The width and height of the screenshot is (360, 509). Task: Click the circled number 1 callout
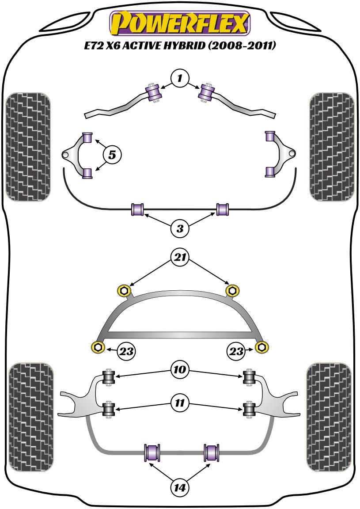(180, 78)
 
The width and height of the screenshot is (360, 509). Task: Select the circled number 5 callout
(112, 155)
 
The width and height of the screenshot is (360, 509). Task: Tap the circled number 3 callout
(180, 228)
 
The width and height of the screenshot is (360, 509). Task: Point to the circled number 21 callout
(180, 258)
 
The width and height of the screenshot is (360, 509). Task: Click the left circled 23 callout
(126, 351)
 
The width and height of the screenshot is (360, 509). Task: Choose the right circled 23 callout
(236, 351)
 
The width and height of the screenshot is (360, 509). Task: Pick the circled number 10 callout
(180, 369)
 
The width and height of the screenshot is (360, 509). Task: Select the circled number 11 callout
(180, 403)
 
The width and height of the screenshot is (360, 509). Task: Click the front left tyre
(28, 147)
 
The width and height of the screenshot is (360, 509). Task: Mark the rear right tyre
(329, 418)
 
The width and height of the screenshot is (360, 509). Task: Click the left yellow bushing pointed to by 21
(124, 290)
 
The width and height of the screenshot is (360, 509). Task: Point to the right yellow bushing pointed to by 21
(232, 290)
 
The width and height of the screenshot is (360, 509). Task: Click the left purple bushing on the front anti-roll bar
(138, 209)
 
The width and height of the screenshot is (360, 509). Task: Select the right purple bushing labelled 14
(212, 452)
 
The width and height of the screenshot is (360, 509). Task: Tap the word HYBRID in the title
(184, 46)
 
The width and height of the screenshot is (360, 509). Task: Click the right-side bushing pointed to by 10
(249, 377)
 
